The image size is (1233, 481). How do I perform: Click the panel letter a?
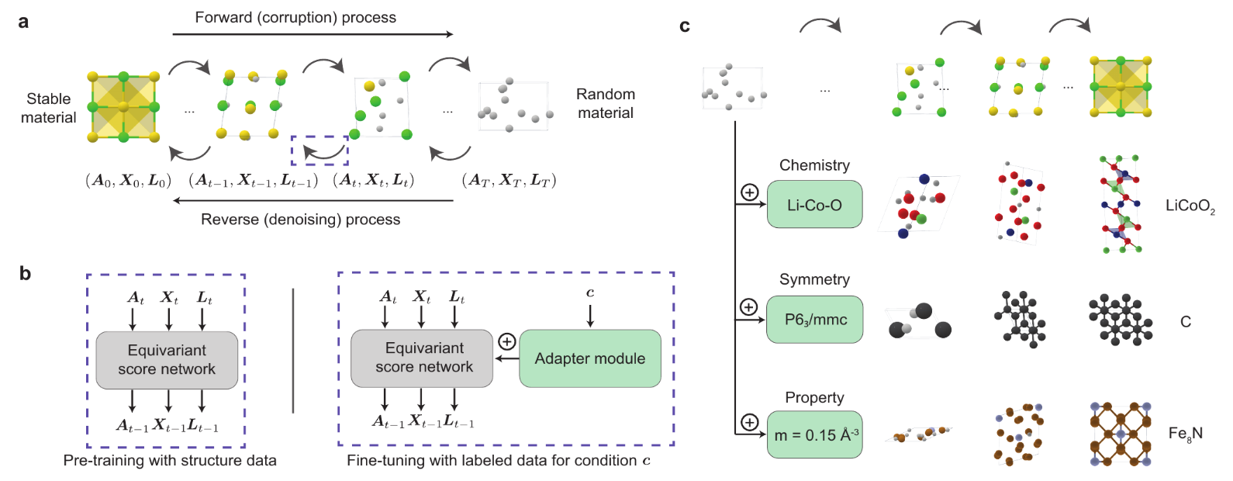[x=23, y=22]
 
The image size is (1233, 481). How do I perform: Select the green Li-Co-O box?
[x=814, y=205]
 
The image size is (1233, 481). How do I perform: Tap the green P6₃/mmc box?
[x=814, y=320]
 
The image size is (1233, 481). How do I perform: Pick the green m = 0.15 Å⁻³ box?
[x=814, y=434]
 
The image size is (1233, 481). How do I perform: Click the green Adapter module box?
[x=589, y=358]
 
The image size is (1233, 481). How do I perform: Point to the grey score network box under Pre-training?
[x=167, y=360]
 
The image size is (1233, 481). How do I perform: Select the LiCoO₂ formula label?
[x=1190, y=206]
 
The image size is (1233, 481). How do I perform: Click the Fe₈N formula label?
[x=1185, y=434]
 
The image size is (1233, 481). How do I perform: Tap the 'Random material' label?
[x=605, y=103]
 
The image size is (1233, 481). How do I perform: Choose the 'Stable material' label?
[x=48, y=108]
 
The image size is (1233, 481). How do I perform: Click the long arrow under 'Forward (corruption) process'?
[x=313, y=34]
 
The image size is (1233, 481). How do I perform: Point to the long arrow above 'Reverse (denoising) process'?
[x=313, y=200]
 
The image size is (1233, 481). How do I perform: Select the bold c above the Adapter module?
[x=590, y=292]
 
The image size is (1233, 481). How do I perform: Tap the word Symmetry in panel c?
[x=814, y=279]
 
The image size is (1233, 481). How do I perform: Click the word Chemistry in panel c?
[x=814, y=165]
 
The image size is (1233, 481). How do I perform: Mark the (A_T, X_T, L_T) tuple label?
[x=509, y=181]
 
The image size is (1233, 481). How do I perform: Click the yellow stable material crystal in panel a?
[x=124, y=107]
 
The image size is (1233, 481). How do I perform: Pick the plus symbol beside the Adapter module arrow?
[x=506, y=341]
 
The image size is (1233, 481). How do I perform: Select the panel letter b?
[x=25, y=273]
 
